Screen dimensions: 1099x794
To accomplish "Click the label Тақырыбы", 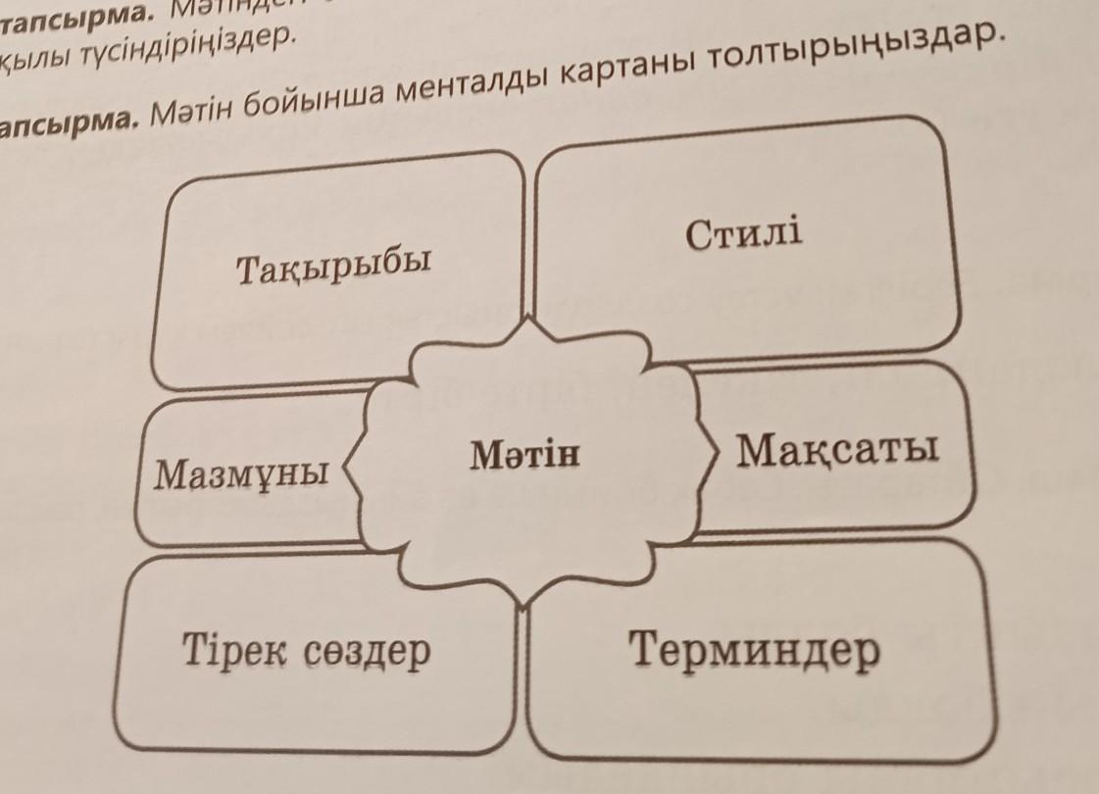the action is [334, 266].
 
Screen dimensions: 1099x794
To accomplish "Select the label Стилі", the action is [744, 234].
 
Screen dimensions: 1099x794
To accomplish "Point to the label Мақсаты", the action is [838, 450].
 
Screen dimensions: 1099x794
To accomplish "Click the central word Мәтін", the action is [525, 455].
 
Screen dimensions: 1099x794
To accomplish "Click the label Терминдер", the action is [754, 650].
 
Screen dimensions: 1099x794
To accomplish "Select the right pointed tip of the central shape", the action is [719, 450].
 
